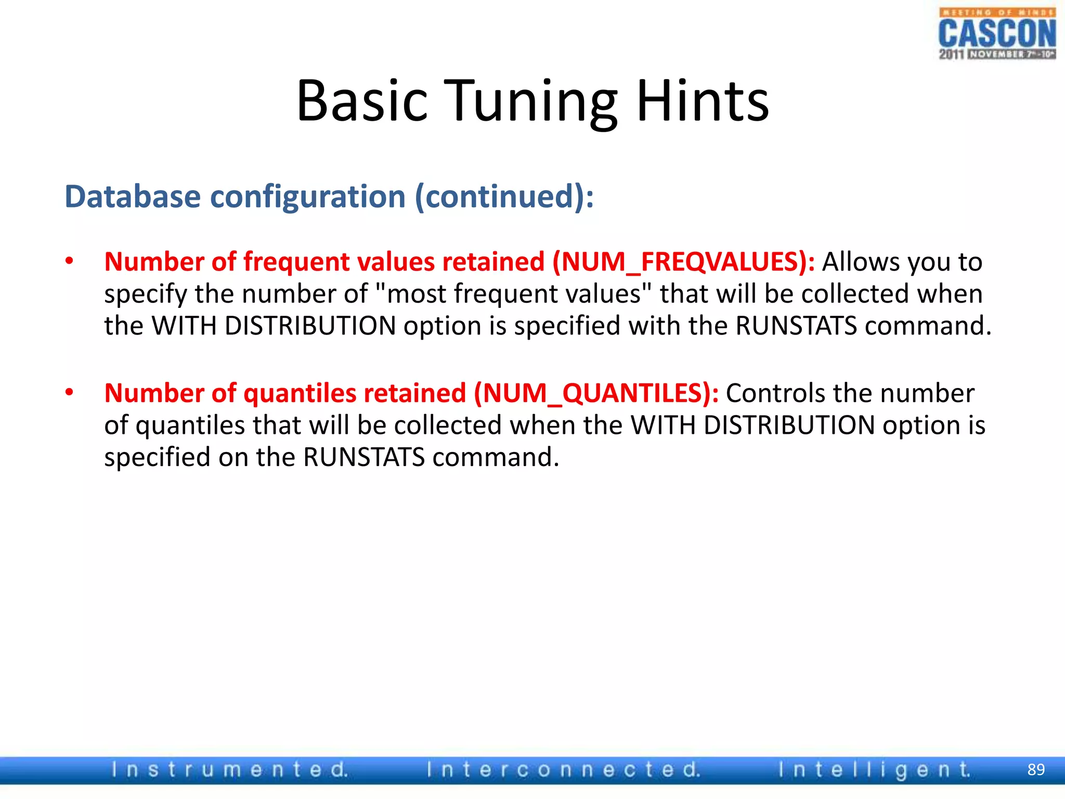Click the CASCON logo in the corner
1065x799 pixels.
tap(997, 34)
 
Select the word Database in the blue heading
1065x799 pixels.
tap(133, 197)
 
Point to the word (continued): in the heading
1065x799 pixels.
tap(504, 197)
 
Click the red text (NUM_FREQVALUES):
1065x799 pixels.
tap(683, 262)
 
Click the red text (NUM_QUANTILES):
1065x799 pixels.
tap(596, 393)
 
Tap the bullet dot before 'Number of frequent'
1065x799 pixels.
tap(69, 261)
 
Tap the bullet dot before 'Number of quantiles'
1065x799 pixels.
tap(69, 392)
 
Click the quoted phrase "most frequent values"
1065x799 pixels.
tap(512, 294)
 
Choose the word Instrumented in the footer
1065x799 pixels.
tap(229, 769)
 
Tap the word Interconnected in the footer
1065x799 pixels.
tap(563, 769)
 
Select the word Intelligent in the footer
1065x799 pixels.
tap(874, 769)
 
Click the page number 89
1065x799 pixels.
tap(1036, 769)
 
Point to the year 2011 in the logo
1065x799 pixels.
tap(951, 54)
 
